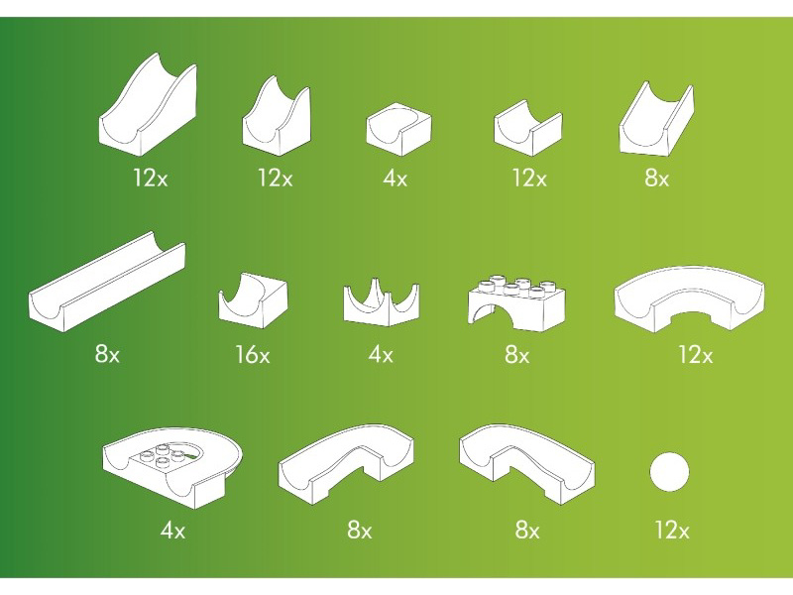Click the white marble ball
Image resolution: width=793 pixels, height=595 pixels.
(669, 472)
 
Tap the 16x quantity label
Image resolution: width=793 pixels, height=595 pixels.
(253, 354)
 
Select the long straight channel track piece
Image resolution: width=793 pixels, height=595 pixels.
(107, 282)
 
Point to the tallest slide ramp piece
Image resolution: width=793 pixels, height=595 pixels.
(147, 105)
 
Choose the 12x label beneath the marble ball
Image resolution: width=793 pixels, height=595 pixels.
(672, 531)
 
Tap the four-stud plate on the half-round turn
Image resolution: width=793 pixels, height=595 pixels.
(162, 458)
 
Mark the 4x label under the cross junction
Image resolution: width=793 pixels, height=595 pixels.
(381, 354)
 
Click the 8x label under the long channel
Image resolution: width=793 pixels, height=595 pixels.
(107, 353)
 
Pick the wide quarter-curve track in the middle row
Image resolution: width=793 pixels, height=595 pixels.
(690, 299)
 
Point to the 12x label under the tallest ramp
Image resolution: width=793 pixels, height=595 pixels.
(151, 178)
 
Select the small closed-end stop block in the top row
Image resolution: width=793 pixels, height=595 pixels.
(398, 129)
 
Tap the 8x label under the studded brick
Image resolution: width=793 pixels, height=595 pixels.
(516, 354)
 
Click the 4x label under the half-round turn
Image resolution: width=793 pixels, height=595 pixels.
(172, 531)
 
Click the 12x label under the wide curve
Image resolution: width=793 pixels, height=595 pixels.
(696, 355)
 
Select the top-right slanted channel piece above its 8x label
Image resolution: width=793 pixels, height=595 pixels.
(656, 119)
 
